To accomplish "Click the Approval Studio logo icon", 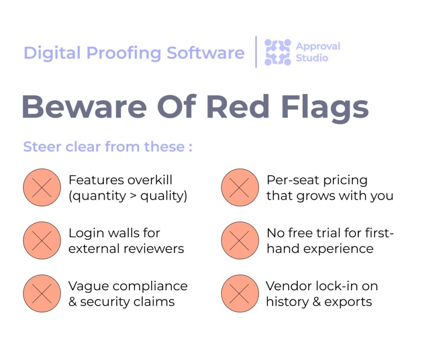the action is point(278,52).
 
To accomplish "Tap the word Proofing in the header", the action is point(124,53).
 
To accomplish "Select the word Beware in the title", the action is point(84,107).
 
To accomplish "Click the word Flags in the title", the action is point(325,109).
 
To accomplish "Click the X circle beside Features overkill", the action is point(42,187).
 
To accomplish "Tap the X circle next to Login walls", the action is point(42,240).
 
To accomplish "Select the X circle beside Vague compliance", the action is point(42,293).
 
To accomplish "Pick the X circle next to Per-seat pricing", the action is point(240,187).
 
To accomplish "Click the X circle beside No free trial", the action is point(240,240).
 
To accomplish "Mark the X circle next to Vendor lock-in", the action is point(240,293).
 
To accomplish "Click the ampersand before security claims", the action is point(72,302).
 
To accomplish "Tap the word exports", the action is point(348,302).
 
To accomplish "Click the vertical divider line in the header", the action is point(256,52).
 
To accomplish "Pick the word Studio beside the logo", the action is point(312,58).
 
